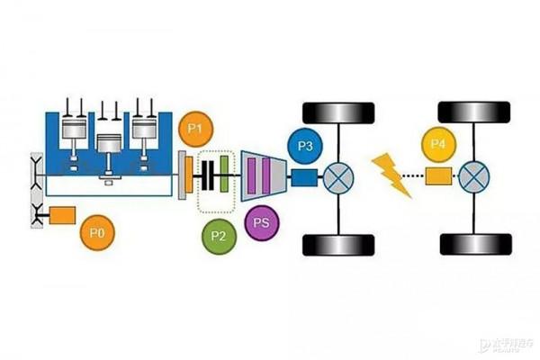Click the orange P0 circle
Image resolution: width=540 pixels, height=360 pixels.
(x=97, y=232)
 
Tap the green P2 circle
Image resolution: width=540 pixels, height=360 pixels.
(x=217, y=236)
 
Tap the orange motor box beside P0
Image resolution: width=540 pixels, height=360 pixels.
(x=62, y=216)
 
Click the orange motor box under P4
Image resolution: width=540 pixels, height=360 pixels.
(x=438, y=176)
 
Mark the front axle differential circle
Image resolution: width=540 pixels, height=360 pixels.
(x=340, y=176)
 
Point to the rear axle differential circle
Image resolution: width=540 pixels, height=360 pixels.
(x=472, y=176)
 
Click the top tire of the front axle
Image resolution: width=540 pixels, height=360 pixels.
(x=338, y=113)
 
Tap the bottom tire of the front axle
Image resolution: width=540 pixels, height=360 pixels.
(x=338, y=243)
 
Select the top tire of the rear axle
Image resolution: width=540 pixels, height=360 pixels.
(x=471, y=113)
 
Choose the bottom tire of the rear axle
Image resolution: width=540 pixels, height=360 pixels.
(x=471, y=243)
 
